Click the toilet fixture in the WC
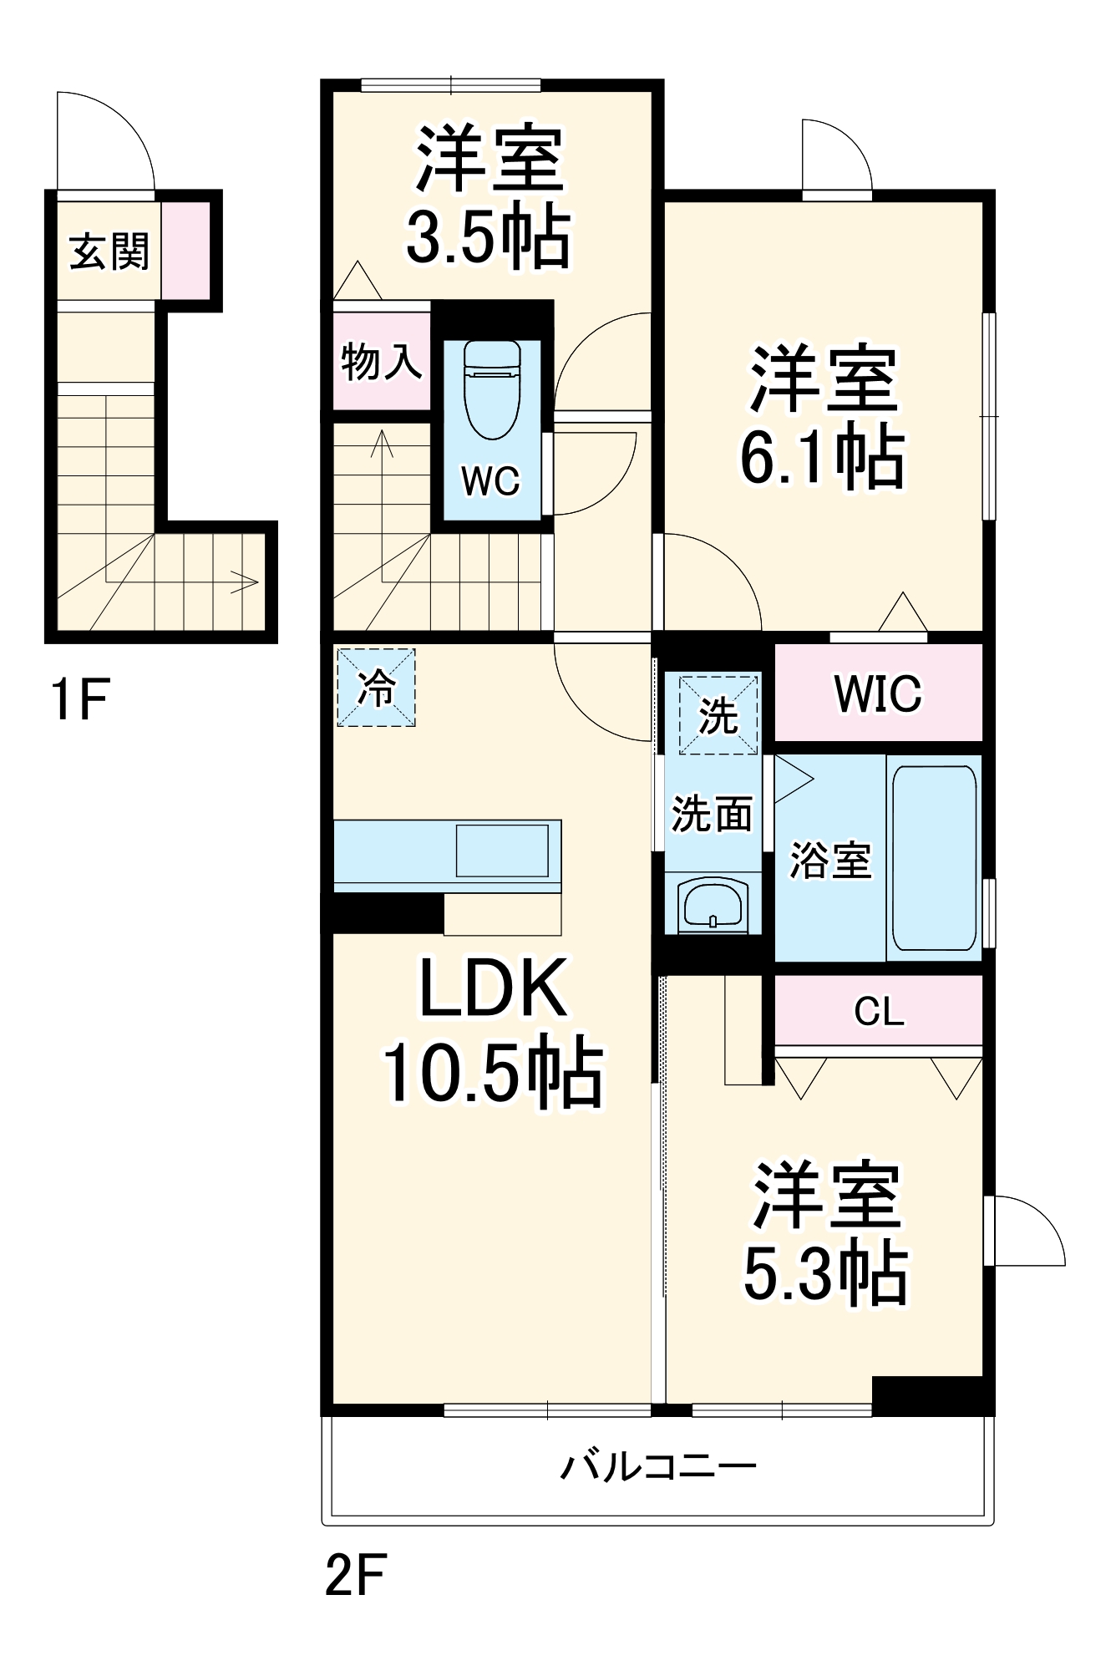(x=492, y=389)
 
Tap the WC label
(x=490, y=481)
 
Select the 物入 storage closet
(x=381, y=361)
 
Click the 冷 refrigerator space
(x=376, y=687)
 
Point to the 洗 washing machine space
(x=718, y=714)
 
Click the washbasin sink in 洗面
(x=713, y=904)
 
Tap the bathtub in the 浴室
(x=934, y=859)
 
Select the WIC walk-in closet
(x=878, y=693)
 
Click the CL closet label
(x=879, y=1012)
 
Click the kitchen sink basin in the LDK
(x=502, y=850)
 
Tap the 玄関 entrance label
(x=109, y=251)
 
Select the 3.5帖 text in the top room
(x=489, y=236)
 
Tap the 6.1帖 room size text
(x=823, y=457)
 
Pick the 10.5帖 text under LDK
(x=493, y=1072)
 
